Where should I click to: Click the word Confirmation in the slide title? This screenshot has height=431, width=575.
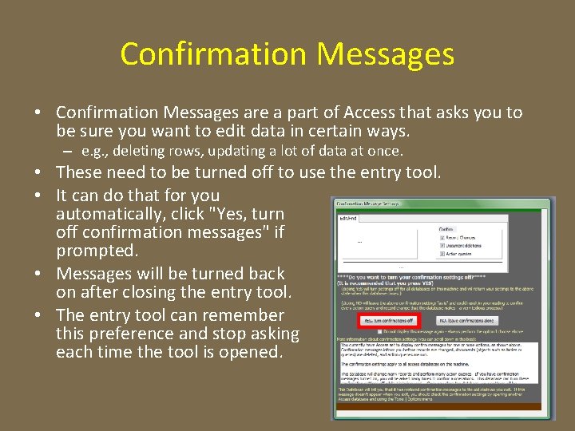point(214,54)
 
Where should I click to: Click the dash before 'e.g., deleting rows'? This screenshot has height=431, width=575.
point(70,151)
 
